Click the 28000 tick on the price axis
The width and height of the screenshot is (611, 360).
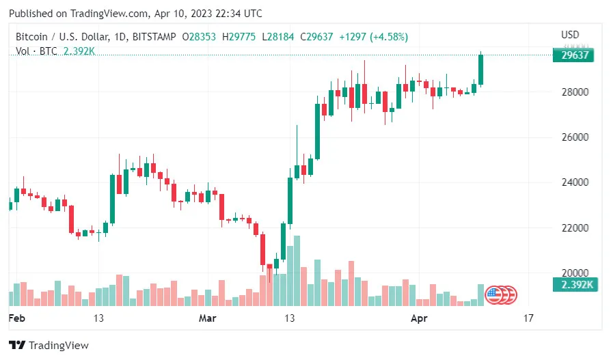[576, 92]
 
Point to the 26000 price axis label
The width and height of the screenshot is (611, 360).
[576, 137]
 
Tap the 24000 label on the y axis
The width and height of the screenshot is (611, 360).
[576, 182]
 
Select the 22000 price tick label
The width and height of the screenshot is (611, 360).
[576, 227]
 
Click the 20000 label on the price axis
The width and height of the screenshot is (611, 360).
[576, 273]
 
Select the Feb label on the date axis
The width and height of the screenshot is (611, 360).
[17, 318]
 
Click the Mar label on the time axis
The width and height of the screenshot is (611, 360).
[207, 318]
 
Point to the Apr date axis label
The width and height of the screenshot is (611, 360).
[418, 318]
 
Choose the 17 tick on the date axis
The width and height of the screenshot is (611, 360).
[527, 318]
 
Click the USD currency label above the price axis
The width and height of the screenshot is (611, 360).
[570, 35]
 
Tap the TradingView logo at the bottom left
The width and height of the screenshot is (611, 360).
[49, 346]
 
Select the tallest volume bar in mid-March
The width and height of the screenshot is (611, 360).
[296, 271]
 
